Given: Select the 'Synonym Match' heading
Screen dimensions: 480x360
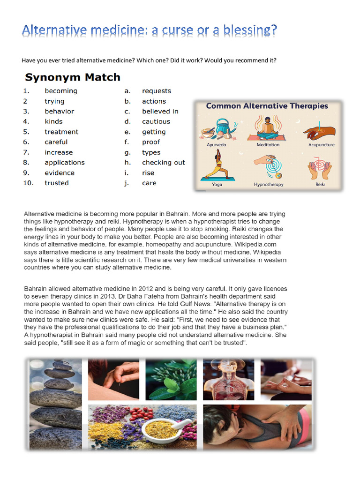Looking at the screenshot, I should tap(73, 77).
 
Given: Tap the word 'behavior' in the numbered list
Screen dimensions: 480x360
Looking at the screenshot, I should tap(60, 112).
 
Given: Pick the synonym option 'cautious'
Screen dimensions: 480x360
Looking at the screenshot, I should tap(156, 122).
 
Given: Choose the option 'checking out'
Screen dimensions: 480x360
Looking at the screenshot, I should tap(164, 163).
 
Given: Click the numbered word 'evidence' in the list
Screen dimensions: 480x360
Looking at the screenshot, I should tap(60, 173).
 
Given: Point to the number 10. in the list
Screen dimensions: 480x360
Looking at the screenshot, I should tap(29, 183).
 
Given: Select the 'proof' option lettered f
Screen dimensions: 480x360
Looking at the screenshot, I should tap(151, 142).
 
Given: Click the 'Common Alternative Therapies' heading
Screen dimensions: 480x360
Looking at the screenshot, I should tap(267, 106).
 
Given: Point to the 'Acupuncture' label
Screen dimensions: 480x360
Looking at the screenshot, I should tap(322, 145).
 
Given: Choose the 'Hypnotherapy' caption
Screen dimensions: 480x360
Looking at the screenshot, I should tap(269, 185).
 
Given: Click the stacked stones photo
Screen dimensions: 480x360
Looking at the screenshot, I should tap(56, 403).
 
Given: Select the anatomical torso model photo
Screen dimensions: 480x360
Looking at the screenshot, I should tap(229, 380).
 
